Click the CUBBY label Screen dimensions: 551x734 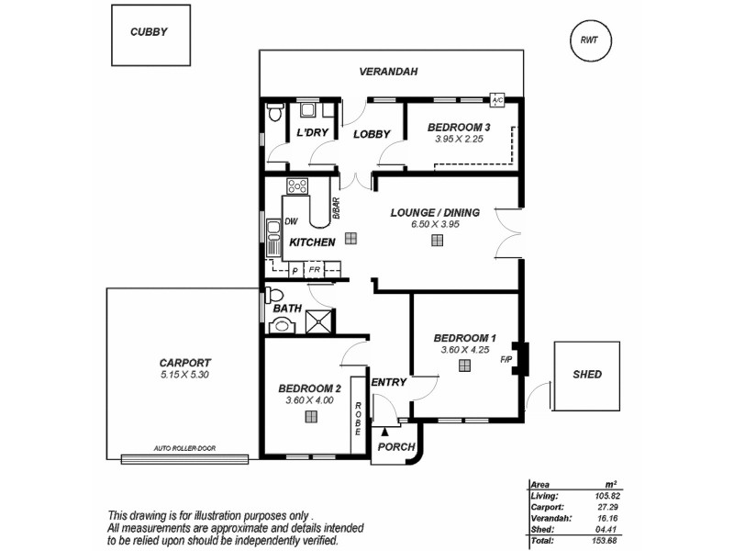coord(150,32)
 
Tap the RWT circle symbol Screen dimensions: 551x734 coord(588,39)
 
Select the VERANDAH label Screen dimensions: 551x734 coord(388,71)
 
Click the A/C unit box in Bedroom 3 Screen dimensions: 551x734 coord(498,100)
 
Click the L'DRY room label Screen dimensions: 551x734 coord(313,133)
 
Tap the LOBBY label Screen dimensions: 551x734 coord(372,134)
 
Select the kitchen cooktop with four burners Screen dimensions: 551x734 coord(297,186)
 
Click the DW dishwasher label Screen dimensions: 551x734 coord(292,221)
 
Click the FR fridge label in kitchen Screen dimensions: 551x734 coord(314,270)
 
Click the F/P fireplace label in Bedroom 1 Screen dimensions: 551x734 coord(506,359)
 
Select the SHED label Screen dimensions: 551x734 coord(587,374)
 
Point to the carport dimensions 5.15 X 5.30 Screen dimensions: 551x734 coord(184,375)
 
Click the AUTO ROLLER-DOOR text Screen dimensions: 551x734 coord(184,451)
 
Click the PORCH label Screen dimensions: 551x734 coord(396,448)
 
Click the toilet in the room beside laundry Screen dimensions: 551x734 coord(274,113)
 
